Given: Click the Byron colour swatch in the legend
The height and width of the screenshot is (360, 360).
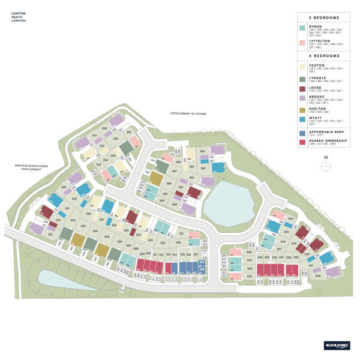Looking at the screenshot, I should pos(302,28).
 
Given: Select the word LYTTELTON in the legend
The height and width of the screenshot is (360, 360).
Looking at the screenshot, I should pos(318,41).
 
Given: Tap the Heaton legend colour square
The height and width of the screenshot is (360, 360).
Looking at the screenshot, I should pos(302,66).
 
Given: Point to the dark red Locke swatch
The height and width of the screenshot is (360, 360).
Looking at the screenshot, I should pos(302,89).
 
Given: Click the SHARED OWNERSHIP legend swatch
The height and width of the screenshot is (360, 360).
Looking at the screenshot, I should pos(302,142).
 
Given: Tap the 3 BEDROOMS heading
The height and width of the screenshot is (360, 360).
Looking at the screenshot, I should pos(323,17).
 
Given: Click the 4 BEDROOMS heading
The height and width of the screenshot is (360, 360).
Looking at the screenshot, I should pos(323,55).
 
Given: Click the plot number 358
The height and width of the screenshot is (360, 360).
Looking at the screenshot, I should pos(104,128).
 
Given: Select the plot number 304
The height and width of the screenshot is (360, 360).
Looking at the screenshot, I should pos(95,230).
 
